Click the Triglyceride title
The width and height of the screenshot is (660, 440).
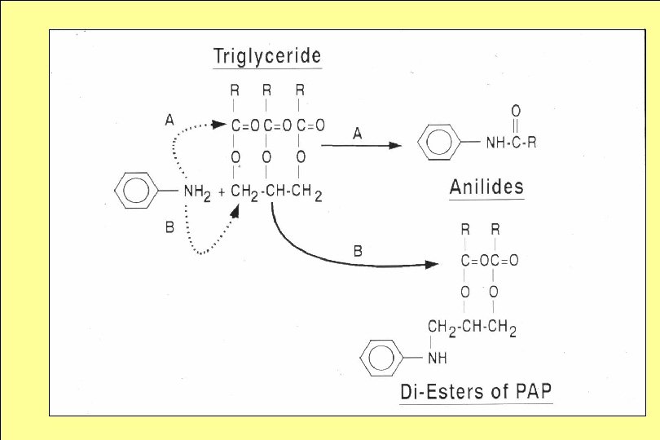pyautogui.click(x=267, y=56)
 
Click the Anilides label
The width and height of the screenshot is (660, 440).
pyautogui.click(x=486, y=187)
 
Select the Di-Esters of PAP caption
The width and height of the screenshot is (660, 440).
pyautogui.click(x=476, y=391)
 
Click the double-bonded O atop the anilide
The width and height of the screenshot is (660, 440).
pyautogui.click(x=516, y=110)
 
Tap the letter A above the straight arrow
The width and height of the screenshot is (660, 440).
pyautogui.click(x=357, y=134)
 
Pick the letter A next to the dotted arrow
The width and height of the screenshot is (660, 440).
pyautogui.click(x=169, y=120)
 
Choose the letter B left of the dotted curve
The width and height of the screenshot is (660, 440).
pyautogui.click(x=169, y=227)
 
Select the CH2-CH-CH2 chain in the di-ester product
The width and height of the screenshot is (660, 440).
pyautogui.click(x=472, y=329)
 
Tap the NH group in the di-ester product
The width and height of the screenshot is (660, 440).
pyautogui.click(x=438, y=359)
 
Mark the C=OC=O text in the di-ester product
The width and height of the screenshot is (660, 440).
pyautogui.click(x=489, y=261)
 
